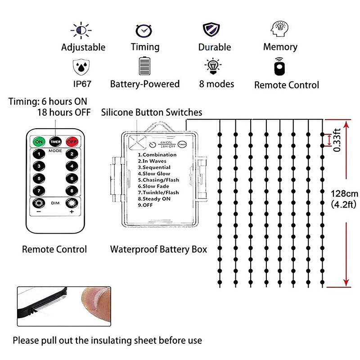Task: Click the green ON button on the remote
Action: point(39,141)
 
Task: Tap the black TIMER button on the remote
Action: point(55,141)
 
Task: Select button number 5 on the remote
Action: point(40,178)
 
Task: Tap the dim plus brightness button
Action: point(71,203)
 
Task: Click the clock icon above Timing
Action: point(144,30)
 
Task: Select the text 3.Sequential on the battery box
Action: point(154,167)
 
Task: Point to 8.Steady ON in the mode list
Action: point(155,198)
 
